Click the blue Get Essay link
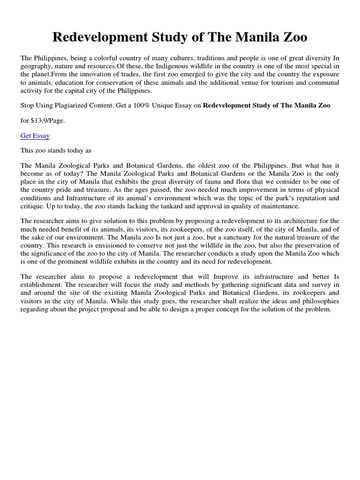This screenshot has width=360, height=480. [35, 135]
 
